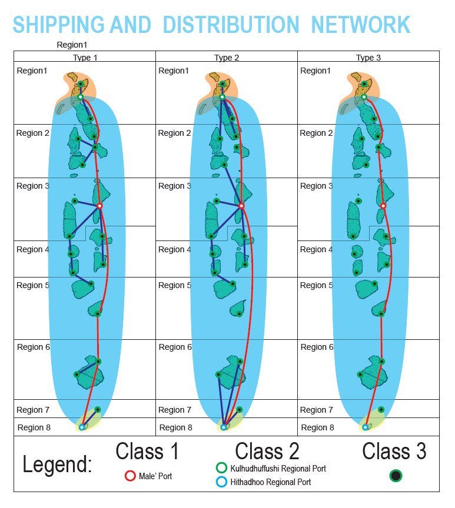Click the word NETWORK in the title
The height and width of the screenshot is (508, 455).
click(361, 25)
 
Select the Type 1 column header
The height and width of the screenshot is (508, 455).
click(85, 58)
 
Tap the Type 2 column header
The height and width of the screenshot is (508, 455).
click(227, 58)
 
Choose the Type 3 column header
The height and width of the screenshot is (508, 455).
click(368, 58)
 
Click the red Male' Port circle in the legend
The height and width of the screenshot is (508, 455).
click(130, 476)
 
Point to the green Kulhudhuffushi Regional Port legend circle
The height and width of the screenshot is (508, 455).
click(221, 468)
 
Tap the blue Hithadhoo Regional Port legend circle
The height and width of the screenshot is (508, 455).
click(221, 482)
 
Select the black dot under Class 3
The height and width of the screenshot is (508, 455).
click(396, 475)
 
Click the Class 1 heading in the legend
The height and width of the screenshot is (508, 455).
click(147, 451)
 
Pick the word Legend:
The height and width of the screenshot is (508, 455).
click(57, 464)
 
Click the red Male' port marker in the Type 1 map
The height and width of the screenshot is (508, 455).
click(100, 206)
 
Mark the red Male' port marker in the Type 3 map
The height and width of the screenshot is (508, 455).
click(383, 206)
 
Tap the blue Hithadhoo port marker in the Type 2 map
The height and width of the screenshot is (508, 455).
click(224, 427)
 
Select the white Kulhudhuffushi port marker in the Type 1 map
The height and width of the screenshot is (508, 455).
click(81, 97)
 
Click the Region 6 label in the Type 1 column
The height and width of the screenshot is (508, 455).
click(34, 347)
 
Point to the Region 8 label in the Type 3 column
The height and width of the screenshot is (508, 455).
click(317, 427)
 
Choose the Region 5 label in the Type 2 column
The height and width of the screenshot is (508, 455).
click(174, 285)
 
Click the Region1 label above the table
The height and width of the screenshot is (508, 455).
click(72, 45)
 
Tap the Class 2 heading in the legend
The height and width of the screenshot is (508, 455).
click(267, 451)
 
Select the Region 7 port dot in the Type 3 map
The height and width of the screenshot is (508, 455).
click(381, 409)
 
